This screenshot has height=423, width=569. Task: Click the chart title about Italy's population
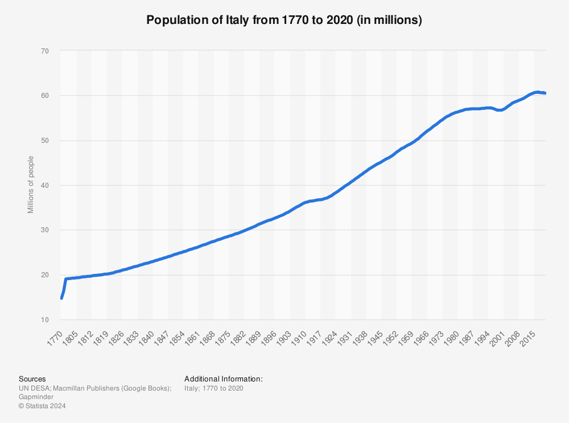284,20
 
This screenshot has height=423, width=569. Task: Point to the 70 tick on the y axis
45,51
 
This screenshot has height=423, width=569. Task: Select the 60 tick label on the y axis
45,96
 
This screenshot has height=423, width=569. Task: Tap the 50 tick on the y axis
45,141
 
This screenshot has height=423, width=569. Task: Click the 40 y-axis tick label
45,186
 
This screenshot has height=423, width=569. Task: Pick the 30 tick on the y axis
45,230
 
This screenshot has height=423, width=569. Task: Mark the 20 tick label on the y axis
45,275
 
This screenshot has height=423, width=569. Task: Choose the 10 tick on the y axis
45,320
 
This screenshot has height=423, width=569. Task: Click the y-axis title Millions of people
31,185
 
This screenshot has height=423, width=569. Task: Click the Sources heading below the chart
32,379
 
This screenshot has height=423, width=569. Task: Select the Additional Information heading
224,379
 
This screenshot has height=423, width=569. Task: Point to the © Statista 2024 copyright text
43,406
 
